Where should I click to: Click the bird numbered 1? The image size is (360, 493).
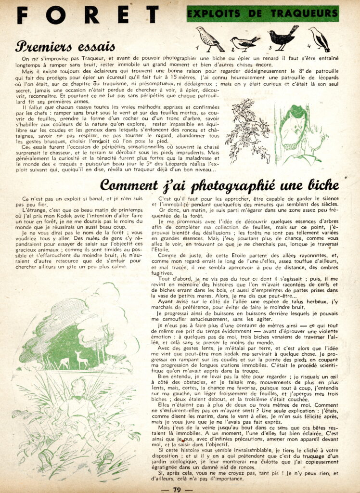coord(210,38)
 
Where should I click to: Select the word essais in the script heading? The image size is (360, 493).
coord(96,47)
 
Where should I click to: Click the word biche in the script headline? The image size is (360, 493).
coord(321,185)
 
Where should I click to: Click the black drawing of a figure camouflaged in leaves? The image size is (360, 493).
coord(247,130)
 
